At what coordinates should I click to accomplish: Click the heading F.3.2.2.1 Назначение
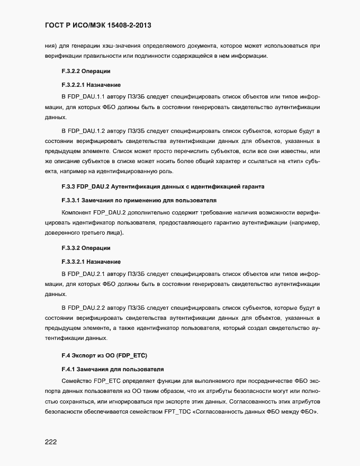pos(91,85)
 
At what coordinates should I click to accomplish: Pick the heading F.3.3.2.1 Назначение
pos(91,262)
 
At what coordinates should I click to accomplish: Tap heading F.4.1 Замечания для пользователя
pos(113,368)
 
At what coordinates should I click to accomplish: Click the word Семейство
pos(77,380)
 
